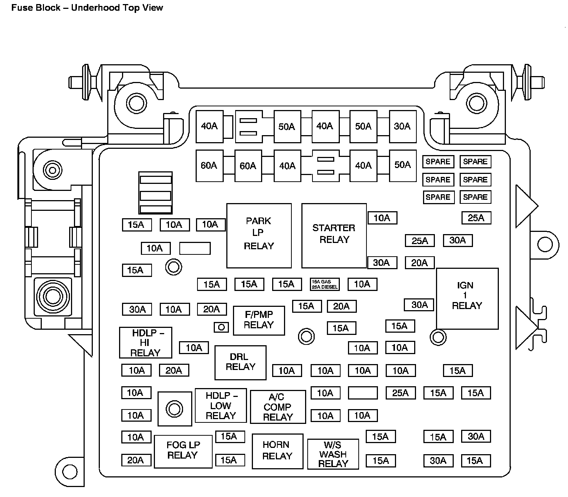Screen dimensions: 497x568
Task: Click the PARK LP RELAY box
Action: point(259,235)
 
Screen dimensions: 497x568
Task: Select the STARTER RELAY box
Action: point(334,235)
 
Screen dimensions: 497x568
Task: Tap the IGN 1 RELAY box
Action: point(467,298)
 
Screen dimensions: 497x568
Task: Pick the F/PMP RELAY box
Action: point(259,320)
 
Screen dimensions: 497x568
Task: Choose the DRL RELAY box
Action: point(240,362)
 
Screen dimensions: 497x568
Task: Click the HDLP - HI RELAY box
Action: point(145,343)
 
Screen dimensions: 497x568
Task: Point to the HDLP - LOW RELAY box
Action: point(221,405)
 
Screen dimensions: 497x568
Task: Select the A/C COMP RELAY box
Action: point(278,407)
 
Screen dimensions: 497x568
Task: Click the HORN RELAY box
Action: point(277,450)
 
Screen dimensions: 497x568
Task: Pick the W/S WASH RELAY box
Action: point(333,454)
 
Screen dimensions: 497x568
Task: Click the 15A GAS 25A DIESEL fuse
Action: point(325,284)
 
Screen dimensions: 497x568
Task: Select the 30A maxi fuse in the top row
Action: point(402,127)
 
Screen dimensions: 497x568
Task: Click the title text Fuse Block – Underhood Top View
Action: point(87,8)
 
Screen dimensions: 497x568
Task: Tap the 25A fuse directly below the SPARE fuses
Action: point(476,218)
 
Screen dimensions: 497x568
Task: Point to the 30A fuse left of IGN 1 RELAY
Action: point(419,305)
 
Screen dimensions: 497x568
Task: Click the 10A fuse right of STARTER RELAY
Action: point(382,218)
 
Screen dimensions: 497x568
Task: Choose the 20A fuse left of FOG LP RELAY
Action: point(136,460)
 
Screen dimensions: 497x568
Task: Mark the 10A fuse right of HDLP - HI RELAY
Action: point(194,347)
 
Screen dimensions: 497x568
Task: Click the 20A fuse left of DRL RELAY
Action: point(174,370)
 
